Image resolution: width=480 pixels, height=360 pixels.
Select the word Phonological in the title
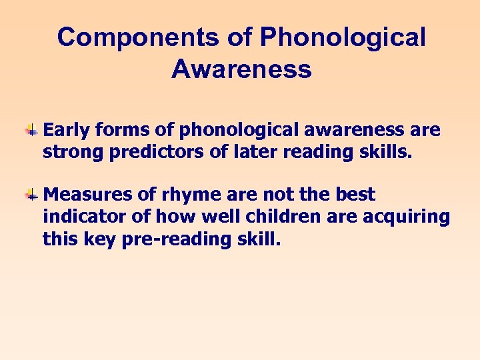(343, 37)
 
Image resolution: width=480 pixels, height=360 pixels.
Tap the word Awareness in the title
(241, 69)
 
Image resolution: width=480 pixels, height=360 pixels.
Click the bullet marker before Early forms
(31, 130)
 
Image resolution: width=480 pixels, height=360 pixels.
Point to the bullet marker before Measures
(31, 195)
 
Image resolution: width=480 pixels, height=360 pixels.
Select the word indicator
(80, 217)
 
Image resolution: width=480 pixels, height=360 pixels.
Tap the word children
(283, 217)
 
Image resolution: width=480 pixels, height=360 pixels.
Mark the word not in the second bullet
(267, 195)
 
